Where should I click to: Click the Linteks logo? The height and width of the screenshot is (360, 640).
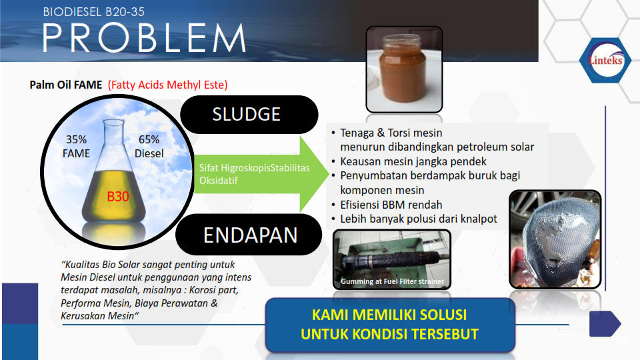coord(605,61)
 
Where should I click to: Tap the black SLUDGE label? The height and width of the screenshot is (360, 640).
coord(249,114)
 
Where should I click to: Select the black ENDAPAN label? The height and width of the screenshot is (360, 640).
coord(249,235)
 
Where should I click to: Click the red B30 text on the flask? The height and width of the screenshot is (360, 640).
coord(117,197)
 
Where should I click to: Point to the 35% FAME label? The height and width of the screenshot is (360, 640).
coord(76,147)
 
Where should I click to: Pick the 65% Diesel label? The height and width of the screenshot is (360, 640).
coord(149,147)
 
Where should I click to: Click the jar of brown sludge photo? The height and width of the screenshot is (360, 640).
coord(404,69)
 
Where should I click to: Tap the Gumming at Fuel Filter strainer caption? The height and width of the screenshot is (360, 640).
coord(392,281)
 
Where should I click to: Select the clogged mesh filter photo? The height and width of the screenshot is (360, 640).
coord(555,239)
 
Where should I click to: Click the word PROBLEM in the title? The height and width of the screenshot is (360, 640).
coord(145,38)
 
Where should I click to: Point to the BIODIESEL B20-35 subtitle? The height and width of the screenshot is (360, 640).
coord(94,12)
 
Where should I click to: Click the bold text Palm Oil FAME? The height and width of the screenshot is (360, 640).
coord(66,85)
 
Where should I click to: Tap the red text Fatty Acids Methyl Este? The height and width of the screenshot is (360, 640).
coord(168,85)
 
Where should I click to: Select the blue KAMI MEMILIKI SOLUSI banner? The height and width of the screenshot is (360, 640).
coord(390,325)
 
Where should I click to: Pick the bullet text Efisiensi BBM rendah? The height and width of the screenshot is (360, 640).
coord(391,205)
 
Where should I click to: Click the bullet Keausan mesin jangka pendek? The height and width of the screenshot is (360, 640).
coord(413,161)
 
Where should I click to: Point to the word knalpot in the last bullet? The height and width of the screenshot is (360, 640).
coord(479,219)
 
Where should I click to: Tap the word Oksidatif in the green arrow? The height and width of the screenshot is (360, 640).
coord(219,181)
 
